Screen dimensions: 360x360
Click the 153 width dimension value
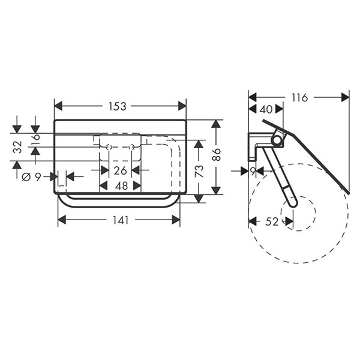point(118,106)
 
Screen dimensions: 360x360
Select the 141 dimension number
point(121,220)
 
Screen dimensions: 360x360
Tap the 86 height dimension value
point(217,154)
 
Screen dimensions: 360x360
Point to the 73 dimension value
point(199,171)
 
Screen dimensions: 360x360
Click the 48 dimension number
point(121,186)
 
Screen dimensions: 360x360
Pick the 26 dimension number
point(121,170)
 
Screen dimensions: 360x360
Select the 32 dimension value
point(17,147)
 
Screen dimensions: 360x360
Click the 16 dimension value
point(36,139)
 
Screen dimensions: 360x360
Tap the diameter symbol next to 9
point(26,177)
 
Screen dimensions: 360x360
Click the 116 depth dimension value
point(299,98)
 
